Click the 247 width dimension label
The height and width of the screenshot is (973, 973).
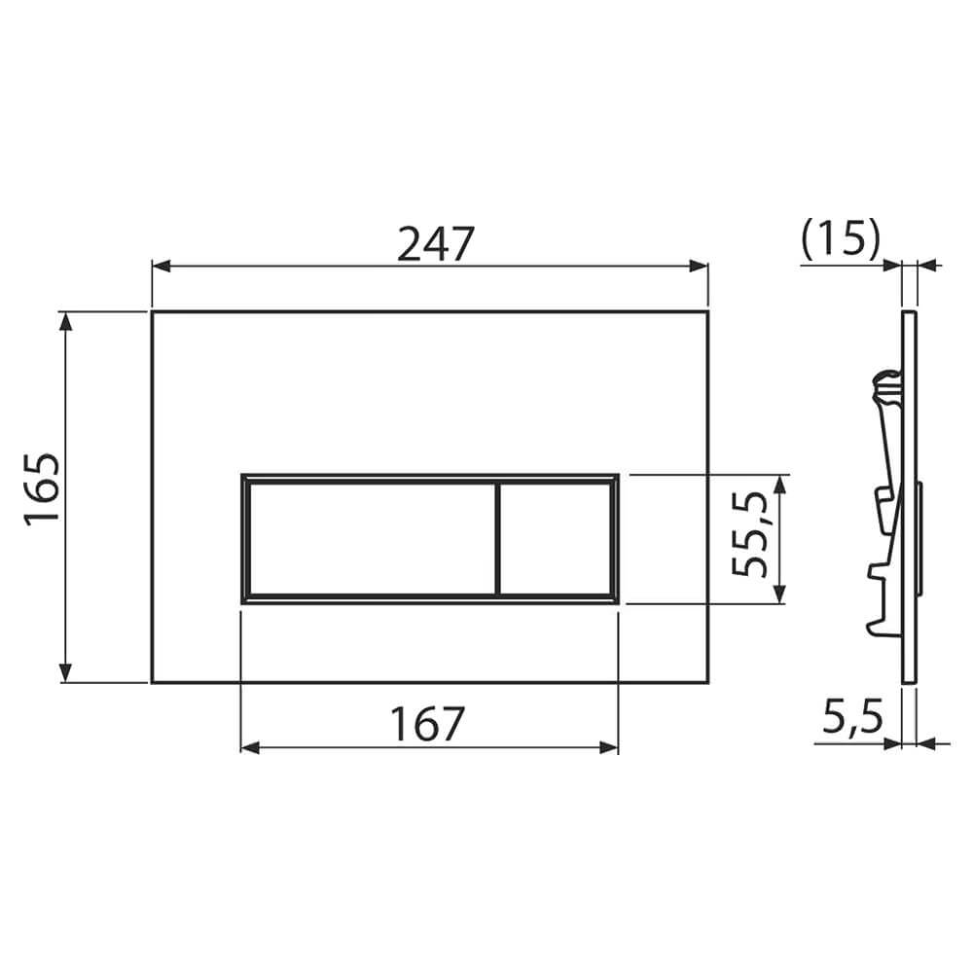coord(436,243)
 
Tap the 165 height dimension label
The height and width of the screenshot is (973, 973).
coord(43,489)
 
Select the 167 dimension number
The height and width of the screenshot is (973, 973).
coord(427,724)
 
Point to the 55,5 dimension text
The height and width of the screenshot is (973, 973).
coord(749,534)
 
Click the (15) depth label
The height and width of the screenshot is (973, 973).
coord(841,237)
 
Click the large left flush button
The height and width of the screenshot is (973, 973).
coord(372,539)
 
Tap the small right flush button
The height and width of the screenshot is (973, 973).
coord(556,539)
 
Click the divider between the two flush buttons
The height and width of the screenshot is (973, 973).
coord(497,539)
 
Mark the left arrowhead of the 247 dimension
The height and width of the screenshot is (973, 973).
coord(161,267)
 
